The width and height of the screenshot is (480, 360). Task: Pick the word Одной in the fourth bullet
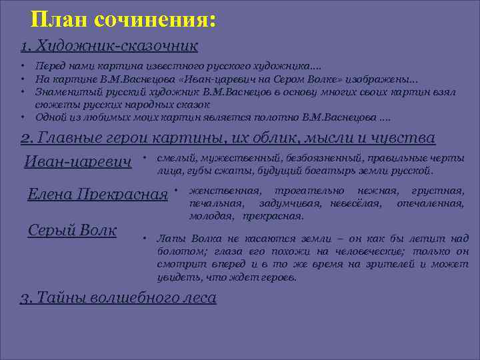coord(50,117)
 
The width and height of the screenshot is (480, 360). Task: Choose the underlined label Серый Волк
coord(73,230)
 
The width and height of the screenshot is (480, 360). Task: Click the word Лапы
coord(171,239)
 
